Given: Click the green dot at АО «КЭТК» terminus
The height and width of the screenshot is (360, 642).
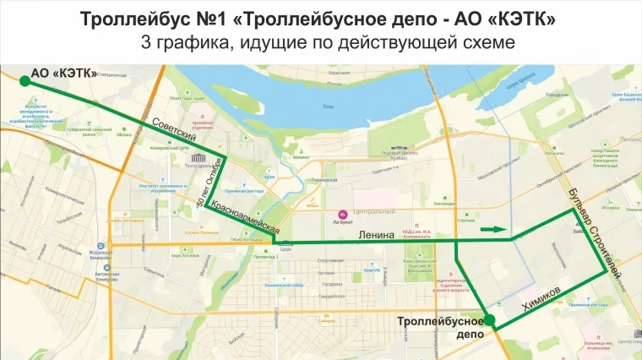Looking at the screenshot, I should point(24,79).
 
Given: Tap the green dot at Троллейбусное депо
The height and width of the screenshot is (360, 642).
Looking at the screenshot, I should point(489,319).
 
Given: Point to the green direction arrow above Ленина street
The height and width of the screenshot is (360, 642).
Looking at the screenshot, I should point(494,229).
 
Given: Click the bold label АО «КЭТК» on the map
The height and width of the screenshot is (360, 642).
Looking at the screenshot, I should point(64,74).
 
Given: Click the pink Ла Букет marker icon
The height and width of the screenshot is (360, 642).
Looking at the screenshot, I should point(343,213).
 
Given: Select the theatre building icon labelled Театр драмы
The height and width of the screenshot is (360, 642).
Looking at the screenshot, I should point(200,158).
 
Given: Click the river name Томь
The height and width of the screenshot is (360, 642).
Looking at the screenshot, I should point(329,106).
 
